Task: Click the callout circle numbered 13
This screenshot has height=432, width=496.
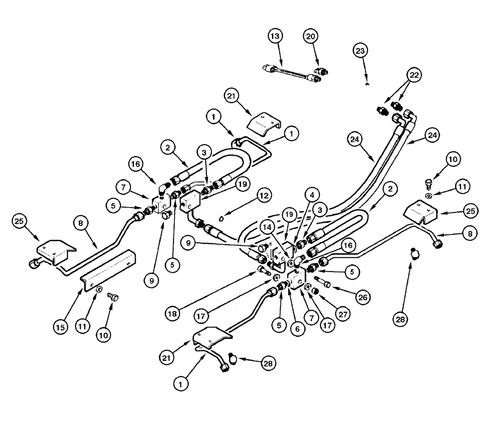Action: (x=276, y=36)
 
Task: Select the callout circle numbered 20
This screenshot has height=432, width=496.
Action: (x=311, y=36)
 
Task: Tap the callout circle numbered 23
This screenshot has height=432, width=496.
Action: (x=362, y=50)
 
